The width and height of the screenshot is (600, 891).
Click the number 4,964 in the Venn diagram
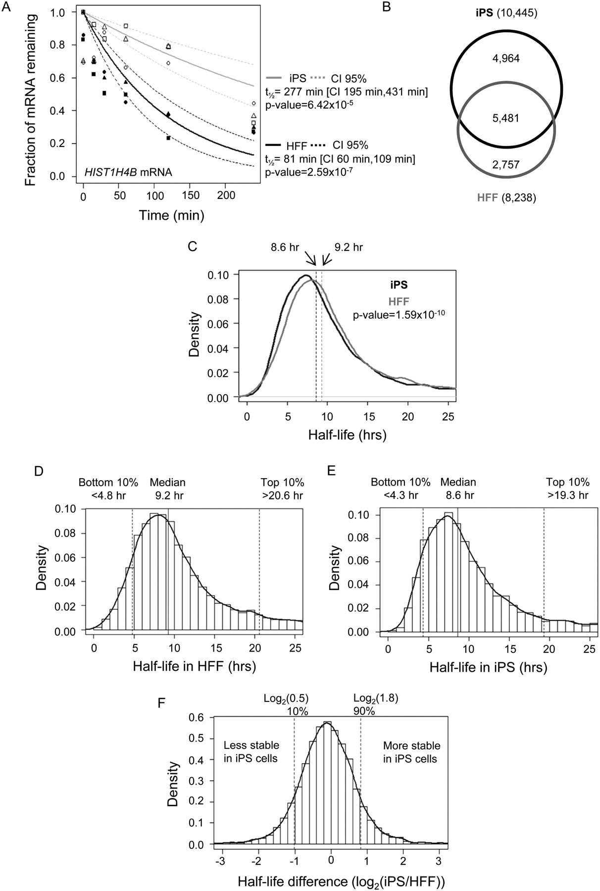coord(505,58)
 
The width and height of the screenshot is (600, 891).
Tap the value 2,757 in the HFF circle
coord(505,164)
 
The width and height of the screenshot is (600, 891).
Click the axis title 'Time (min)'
coord(171,215)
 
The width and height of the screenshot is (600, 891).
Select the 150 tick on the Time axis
coord(190,196)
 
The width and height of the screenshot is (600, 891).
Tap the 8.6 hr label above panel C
coord(285,247)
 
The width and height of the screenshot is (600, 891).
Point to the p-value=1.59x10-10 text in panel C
coord(399,314)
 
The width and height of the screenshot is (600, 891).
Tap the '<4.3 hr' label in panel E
coord(400,495)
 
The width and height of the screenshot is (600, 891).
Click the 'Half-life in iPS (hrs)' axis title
coord(488,667)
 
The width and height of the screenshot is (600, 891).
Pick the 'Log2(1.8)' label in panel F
coord(376,698)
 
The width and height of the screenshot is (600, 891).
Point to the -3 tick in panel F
coord(221,859)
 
